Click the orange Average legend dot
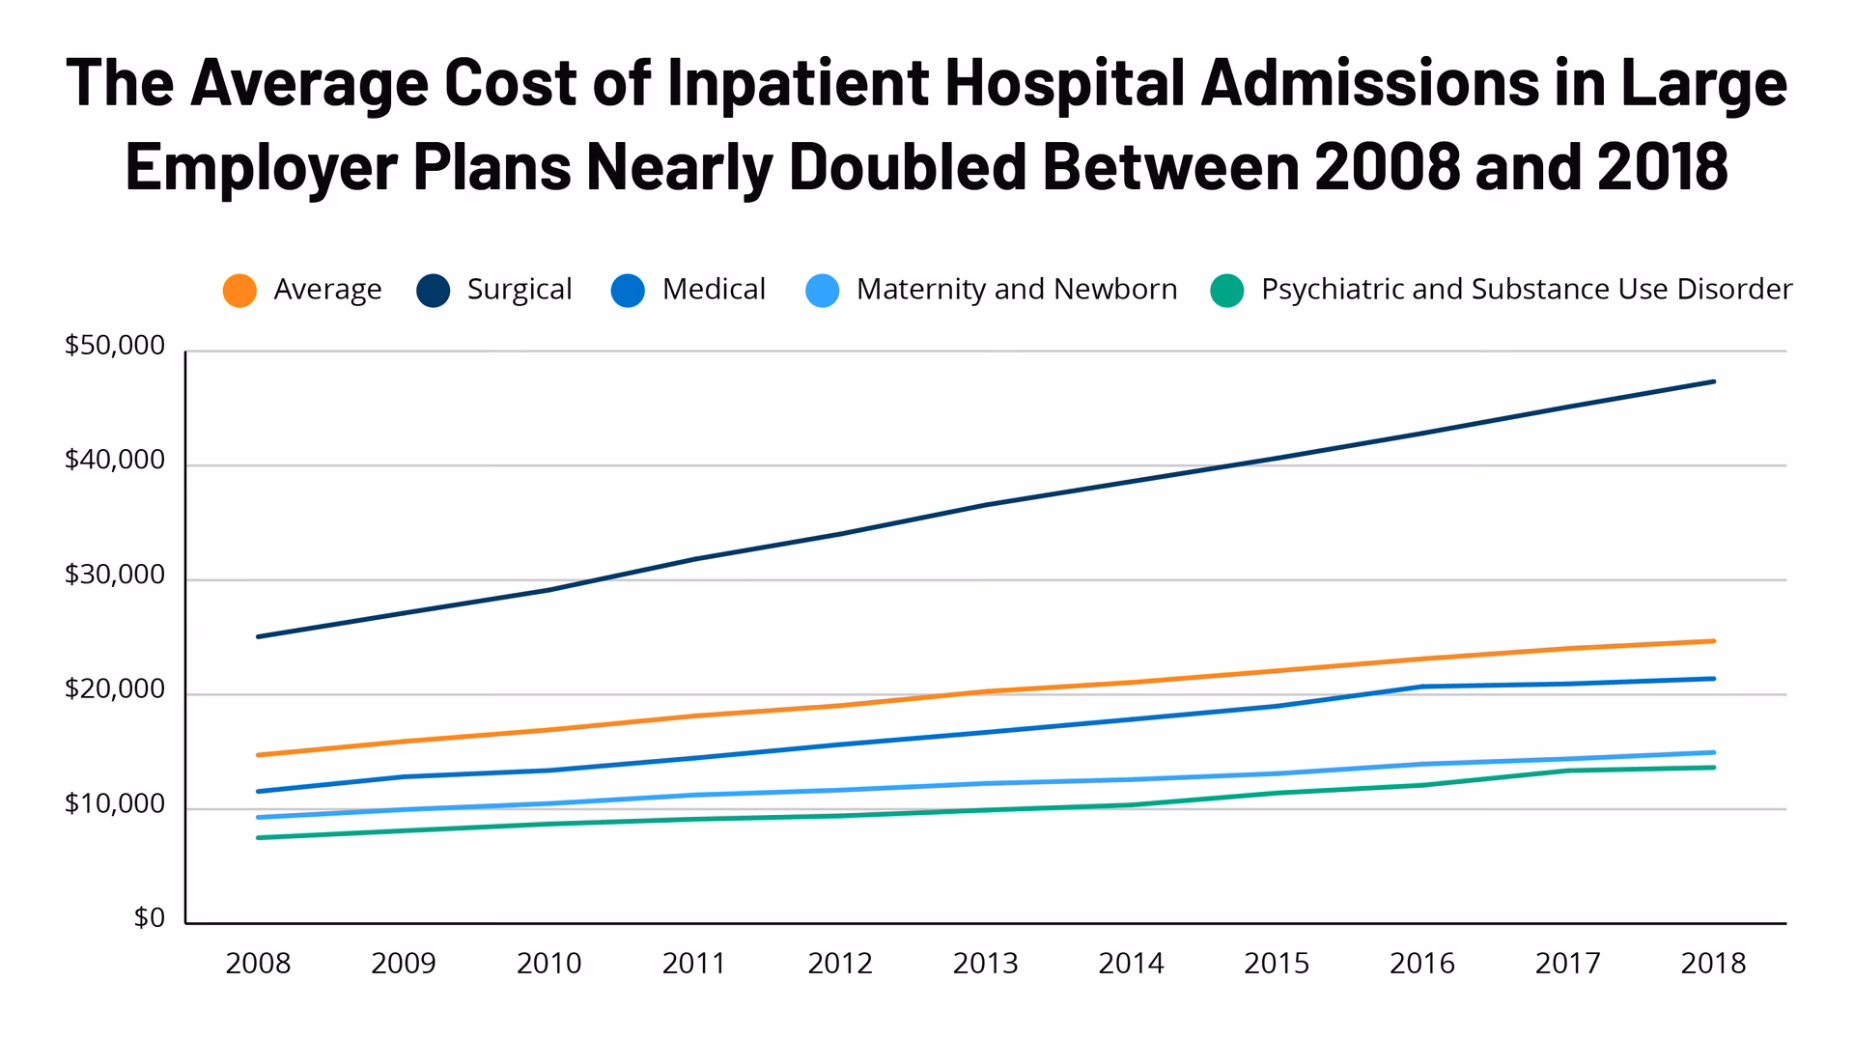239,291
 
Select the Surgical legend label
520,290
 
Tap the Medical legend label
714,290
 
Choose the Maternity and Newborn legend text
1016,290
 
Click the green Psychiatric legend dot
1227,291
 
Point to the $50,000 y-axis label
115,346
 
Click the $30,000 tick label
115,576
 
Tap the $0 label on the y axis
150,918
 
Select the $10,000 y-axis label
115,804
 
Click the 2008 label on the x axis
258,964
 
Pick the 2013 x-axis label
986,964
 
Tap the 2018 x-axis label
1713,964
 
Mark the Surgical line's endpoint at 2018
1714,381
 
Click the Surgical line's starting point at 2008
258,636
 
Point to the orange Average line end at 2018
1714,641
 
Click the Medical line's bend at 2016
1422,687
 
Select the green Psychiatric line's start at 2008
258,837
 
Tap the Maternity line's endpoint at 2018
1714,752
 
